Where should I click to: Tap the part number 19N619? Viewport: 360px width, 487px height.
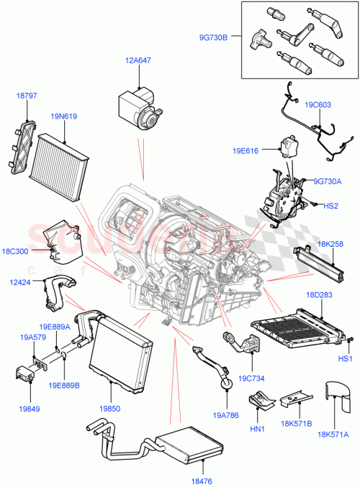[64, 114]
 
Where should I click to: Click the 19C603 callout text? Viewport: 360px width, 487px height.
[318, 104]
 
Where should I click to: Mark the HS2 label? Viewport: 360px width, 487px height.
[330, 206]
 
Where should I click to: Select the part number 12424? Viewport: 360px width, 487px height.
[20, 283]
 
